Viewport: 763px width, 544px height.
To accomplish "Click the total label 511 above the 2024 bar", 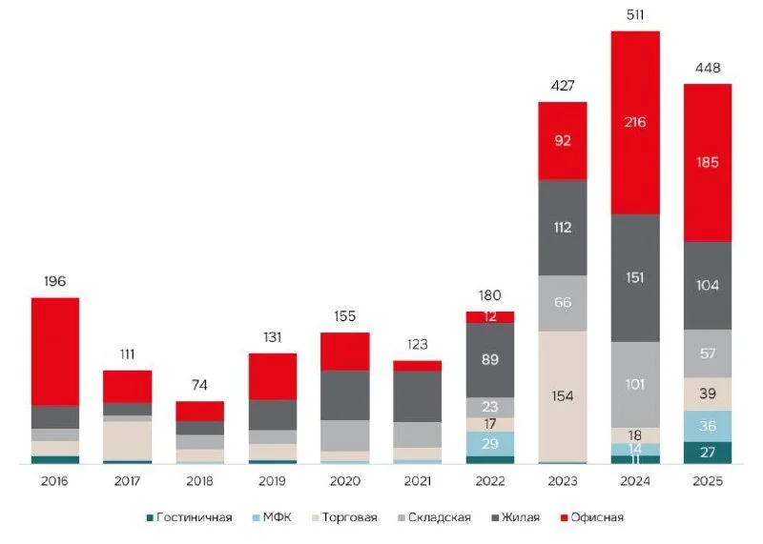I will tap(634, 16).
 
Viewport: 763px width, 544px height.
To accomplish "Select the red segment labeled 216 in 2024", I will tap(634, 122).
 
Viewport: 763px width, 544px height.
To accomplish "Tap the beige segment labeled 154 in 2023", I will tap(562, 396).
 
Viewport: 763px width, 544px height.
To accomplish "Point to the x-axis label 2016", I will tap(54, 482).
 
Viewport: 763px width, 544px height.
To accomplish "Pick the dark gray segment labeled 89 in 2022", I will tap(489, 359).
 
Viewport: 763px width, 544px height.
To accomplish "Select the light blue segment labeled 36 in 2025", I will tap(707, 426).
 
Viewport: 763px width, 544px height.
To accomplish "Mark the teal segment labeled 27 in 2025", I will tap(707, 453).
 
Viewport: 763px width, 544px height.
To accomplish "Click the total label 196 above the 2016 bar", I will tap(54, 282).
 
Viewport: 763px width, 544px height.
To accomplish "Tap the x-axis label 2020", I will tap(344, 482).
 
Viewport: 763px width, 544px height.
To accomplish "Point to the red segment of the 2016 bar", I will tap(54, 352).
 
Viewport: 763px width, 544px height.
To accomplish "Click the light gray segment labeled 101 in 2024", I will tap(634, 384).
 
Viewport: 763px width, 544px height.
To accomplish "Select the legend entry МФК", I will tap(278, 517).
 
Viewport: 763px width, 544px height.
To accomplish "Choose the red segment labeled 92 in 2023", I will tap(562, 140).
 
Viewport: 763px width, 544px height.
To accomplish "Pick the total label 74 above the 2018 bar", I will tap(199, 386).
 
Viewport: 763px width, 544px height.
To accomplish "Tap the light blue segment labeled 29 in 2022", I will tap(489, 444).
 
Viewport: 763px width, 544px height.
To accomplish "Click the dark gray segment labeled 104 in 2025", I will tap(707, 285).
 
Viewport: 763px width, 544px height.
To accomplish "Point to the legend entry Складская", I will tap(438, 517).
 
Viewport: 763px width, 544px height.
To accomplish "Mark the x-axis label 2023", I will tap(562, 482).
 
